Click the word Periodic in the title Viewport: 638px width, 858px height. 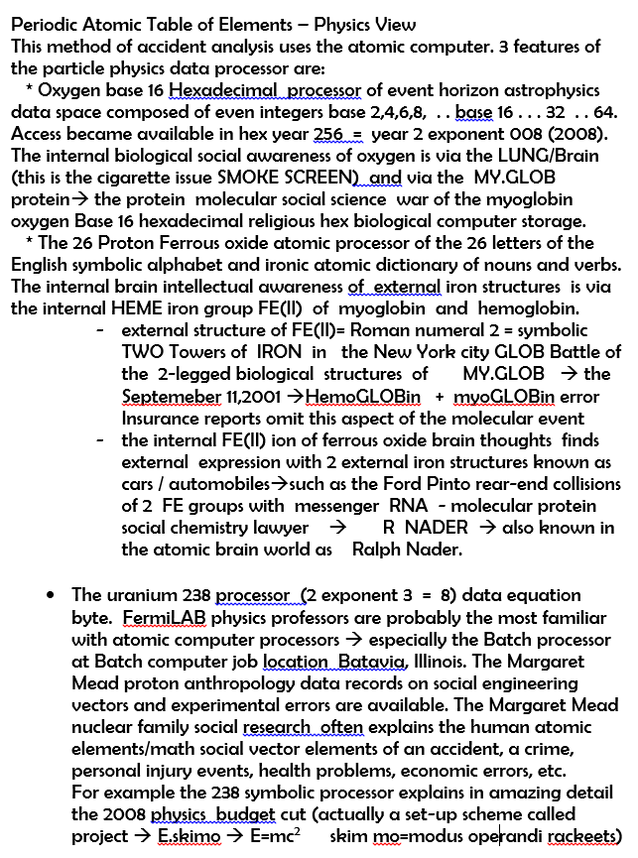(x=46, y=25)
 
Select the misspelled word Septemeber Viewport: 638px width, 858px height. (x=169, y=396)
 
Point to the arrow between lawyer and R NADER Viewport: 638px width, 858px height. (x=337, y=528)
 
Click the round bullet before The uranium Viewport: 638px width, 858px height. (x=51, y=596)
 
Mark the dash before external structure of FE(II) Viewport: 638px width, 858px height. (x=101, y=330)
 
